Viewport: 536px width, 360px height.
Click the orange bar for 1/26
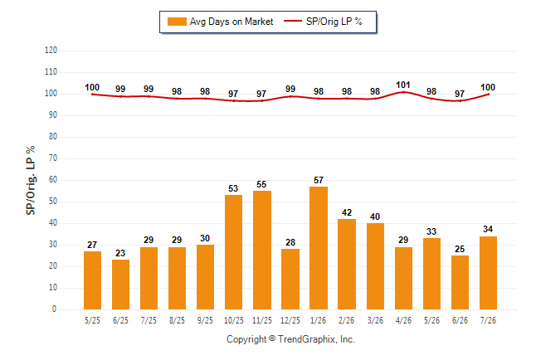pyautogui.click(x=319, y=248)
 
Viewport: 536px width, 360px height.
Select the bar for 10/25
pyautogui.click(x=233, y=252)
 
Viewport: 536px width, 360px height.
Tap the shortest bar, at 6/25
pyautogui.click(x=120, y=285)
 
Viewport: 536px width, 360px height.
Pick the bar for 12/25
pyautogui.click(x=290, y=279)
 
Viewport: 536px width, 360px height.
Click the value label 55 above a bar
pyautogui.click(x=261, y=185)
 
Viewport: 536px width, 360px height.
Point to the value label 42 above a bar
pyautogui.click(x=347, y=212)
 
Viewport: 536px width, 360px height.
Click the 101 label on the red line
pyautogui.click(x=403, y=85)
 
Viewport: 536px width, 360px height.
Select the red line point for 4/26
pyautogui.click(x=404, y=92)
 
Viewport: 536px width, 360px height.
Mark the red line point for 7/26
pyautogui.click(x=488, y=95)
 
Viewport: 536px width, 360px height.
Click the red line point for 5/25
pyautogui.click(x=92, y=95)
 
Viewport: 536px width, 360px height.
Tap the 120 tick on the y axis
pyautogui.click(x=51, y=51)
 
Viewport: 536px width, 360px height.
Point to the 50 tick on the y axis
pyautogui.click(x=52, y=202)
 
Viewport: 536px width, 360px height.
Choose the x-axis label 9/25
pyautogui.click(x=205, y=320)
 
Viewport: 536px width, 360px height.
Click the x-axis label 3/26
pyautogui.click(x=375, y=320)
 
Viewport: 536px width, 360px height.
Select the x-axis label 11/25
pyautogui.click(x=262, y=320)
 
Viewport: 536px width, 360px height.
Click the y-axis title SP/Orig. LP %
pyautogui.click(x=31, y=181)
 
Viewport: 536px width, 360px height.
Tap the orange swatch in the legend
pyautogui.click(x=177, y=22)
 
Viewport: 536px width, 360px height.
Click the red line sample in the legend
pyautogui.click(x=293, y=22)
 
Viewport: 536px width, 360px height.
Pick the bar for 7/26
pyautogui.click(x=488, y=273)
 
